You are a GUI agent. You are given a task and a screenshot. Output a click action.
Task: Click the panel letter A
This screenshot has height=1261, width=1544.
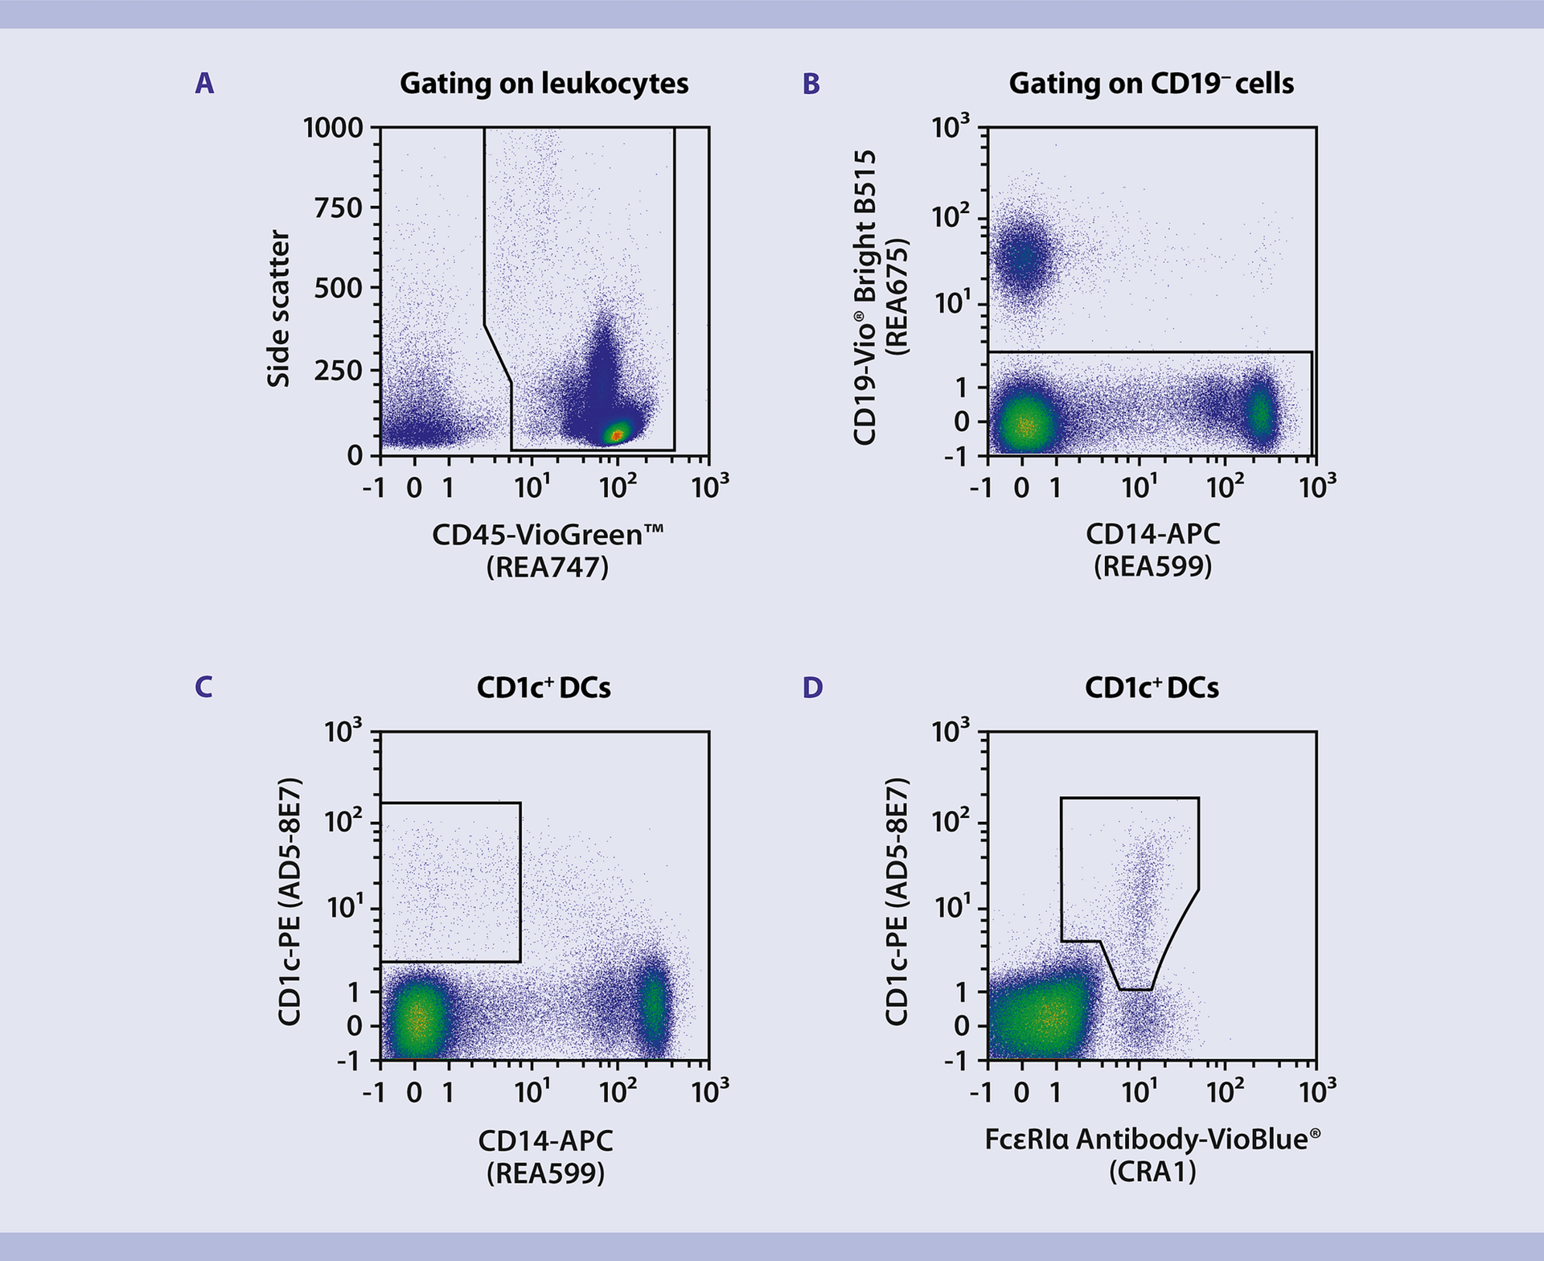[204, 84]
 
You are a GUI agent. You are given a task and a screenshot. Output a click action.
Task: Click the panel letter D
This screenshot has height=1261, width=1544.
[812, 688]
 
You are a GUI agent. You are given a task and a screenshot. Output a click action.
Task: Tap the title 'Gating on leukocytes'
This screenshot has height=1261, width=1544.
[544, 84]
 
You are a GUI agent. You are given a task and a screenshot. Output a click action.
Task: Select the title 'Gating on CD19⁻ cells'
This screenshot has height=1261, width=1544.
[1151, 84]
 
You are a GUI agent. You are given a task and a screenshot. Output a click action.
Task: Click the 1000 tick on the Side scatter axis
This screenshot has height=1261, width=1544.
[333, 128]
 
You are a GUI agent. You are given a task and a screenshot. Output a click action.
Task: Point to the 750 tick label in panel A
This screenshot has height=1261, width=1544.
[338, 208]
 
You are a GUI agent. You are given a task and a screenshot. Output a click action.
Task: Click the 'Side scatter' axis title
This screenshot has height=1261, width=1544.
[278, 309]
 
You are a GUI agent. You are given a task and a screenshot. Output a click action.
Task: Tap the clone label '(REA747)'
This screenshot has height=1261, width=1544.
[547, 568]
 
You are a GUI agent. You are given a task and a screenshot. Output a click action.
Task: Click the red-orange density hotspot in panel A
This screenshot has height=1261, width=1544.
[616, 434]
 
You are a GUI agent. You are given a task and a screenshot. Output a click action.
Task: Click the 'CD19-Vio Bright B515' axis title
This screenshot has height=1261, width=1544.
[864, 298]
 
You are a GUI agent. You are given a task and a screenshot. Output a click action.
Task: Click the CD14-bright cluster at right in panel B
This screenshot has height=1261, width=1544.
[1260, 413]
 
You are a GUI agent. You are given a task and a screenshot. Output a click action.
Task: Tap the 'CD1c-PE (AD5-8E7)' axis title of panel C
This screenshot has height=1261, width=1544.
[289, 901]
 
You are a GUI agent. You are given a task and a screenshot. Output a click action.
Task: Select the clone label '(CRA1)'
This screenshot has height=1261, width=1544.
[1152, 1173]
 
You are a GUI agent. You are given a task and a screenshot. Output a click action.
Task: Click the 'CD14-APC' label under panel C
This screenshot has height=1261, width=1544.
[545, 1140]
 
